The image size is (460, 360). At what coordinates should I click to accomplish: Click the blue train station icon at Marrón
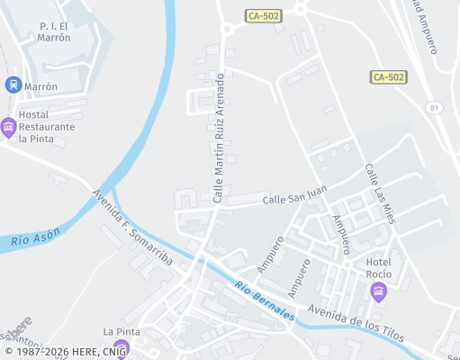(x=13, y=85)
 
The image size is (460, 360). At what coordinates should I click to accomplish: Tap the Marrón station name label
(x=41, y=86)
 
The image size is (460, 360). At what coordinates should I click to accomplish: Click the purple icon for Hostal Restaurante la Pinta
(x=9, y=127)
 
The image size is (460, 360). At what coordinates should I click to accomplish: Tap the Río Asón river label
(x=36, y=238)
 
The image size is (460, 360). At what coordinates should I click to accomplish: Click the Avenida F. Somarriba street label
(x=132, y=227)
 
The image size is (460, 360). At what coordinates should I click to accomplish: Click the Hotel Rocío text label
(x=383, y=267)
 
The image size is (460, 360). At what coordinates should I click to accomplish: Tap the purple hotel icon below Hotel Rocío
(x=378, y=290)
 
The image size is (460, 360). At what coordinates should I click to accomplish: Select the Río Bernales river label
(x=265, y=301)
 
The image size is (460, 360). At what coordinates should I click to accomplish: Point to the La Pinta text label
(x=121, y=332)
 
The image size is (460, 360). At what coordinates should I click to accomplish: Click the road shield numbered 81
(x=436, y=108)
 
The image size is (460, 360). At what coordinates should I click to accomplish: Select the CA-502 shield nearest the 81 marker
(x=387, y=77)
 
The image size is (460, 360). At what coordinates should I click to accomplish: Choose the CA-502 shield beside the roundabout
(x=264, y=16)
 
